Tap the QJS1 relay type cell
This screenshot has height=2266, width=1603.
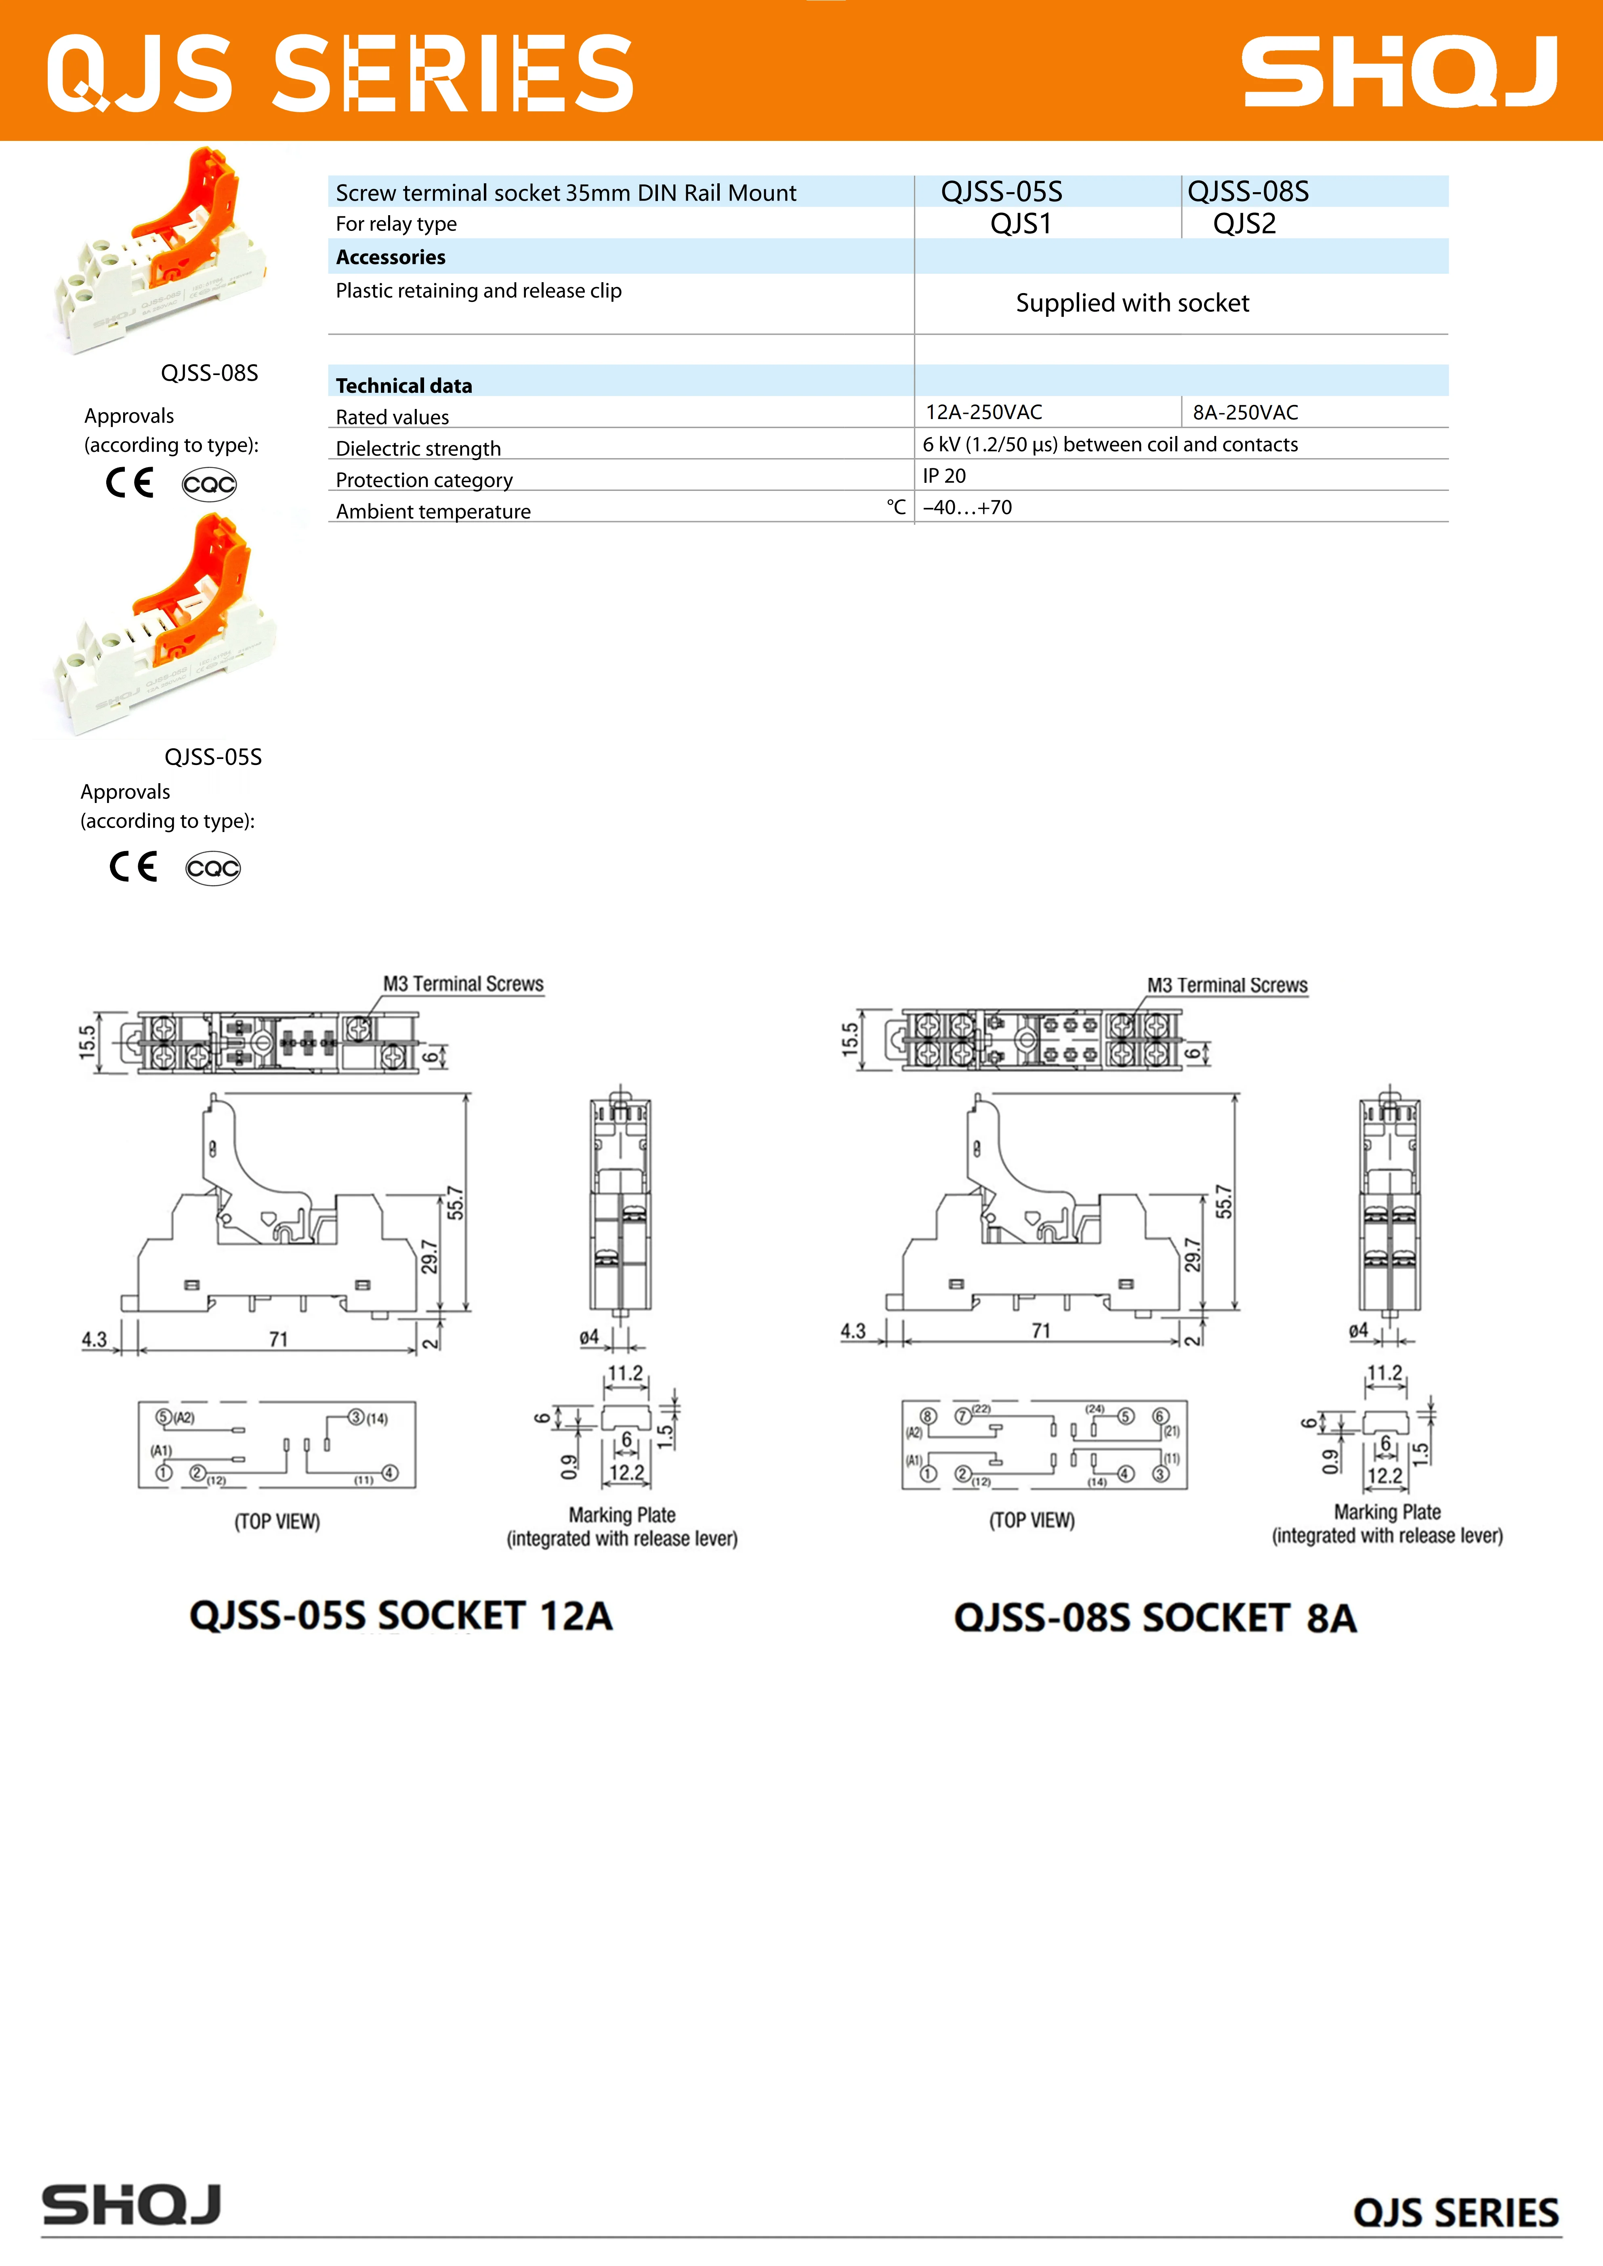1021,224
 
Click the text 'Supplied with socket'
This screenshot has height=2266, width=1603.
1132,303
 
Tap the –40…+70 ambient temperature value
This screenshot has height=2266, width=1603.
967,507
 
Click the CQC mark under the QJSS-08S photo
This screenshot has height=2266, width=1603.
209,484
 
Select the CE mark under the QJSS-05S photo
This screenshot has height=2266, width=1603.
133,866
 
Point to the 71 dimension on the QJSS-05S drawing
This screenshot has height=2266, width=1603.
278,1339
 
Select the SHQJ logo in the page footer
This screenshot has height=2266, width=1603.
131,2205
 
